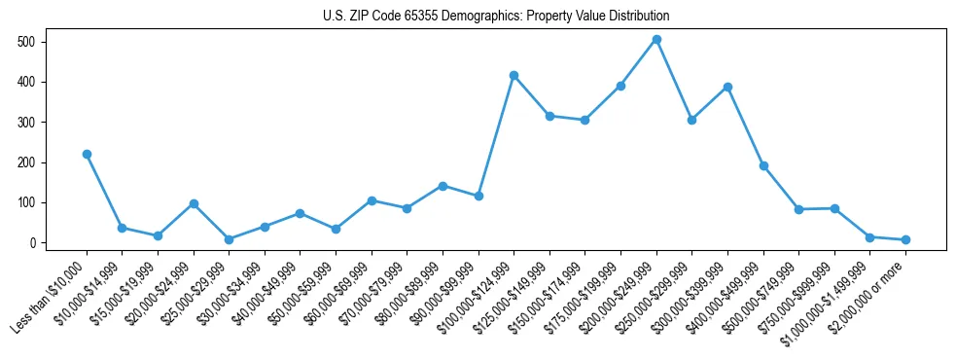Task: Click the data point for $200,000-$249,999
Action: coord(656,40)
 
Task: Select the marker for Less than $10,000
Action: coord(87,154)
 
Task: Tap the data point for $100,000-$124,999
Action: coord(513,75)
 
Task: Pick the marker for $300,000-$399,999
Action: coord(727,87)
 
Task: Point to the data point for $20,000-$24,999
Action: coord(194,203)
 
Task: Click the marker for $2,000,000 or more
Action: coord(905,239)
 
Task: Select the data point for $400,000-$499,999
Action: coord(763,165)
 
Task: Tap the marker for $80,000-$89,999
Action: coord(443,186)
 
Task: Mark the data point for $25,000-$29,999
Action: coord(229,239)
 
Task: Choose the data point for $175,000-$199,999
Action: coord(620,86)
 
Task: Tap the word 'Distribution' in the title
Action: coord(637,17)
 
